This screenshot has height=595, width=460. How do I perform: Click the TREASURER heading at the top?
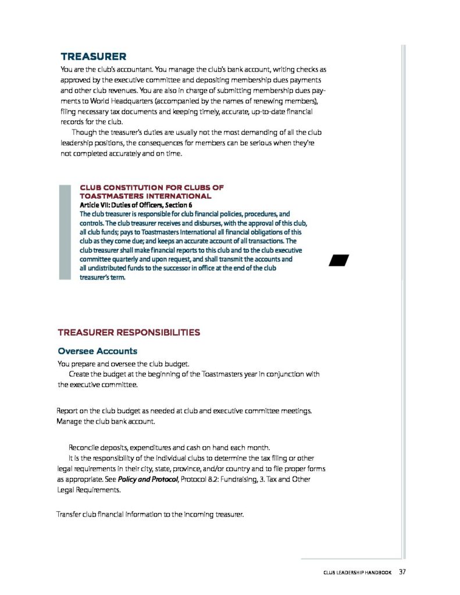93,56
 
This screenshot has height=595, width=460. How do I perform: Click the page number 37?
402,572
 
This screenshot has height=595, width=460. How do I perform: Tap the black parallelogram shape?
338,260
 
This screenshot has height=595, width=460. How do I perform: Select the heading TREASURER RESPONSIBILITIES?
129,333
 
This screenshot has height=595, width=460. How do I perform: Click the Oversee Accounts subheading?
97,351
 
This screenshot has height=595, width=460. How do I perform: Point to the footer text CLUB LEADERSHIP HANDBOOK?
358,573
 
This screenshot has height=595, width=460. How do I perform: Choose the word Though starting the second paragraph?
84,132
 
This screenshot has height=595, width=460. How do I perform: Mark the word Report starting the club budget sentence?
68,411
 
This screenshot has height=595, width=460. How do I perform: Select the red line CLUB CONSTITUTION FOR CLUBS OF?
151,188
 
